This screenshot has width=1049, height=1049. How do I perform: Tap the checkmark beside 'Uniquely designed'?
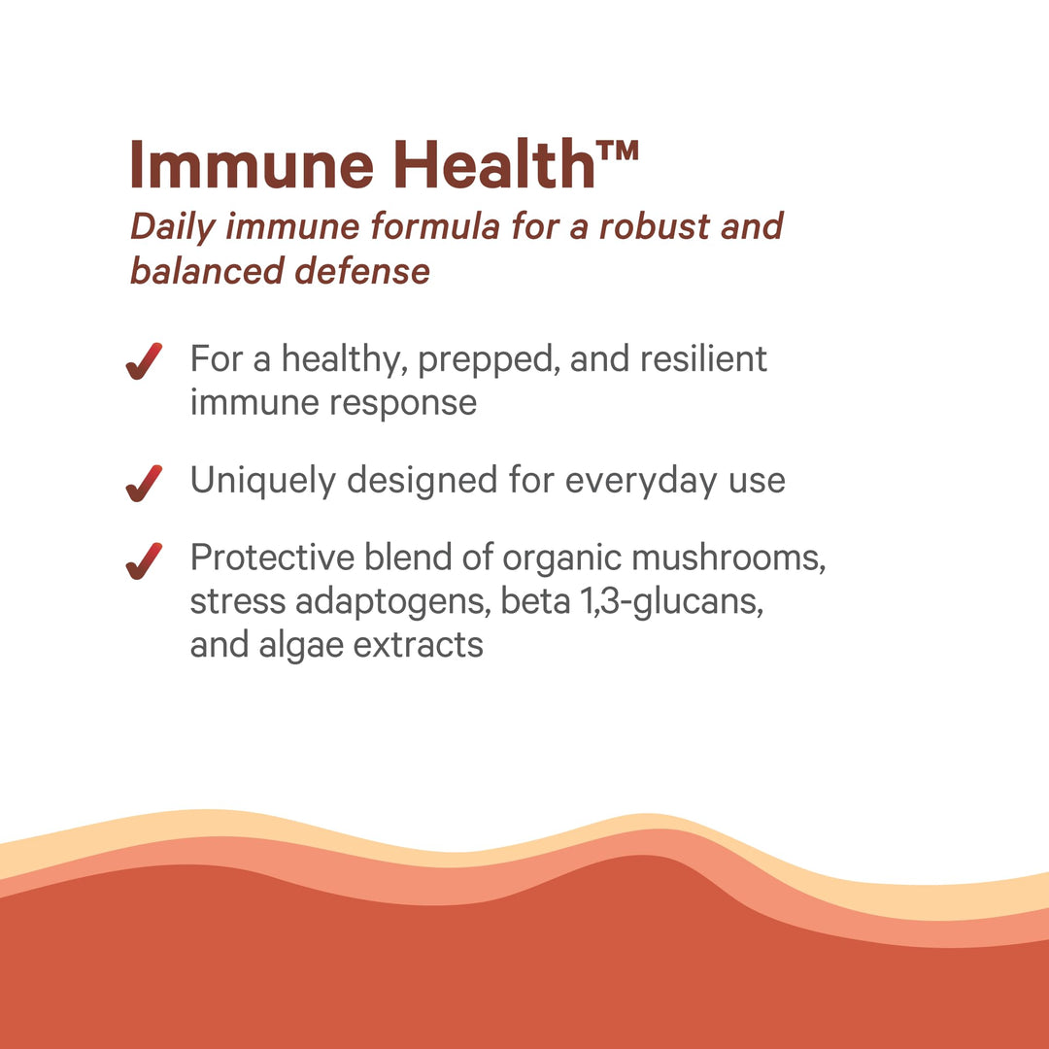pos(143,483)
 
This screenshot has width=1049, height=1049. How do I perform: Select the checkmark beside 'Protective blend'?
pos(143,560)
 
